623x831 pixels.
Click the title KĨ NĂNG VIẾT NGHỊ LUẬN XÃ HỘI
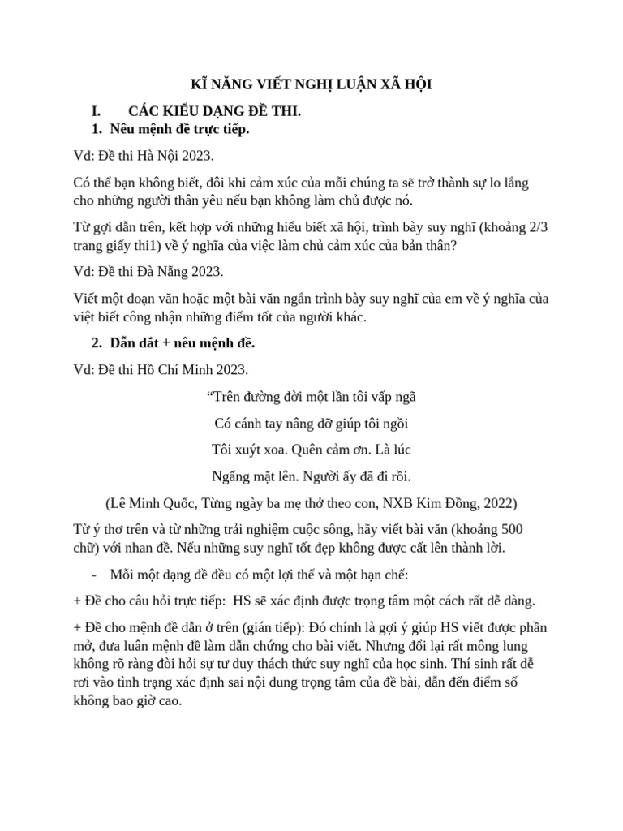[x=311, y=85]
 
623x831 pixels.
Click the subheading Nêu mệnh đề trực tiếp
[x=179, y=128]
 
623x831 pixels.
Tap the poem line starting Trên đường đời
[x=311, y=397]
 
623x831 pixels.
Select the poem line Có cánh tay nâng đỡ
[x=311, y=423]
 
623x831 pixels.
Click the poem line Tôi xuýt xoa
[x=311, y=449]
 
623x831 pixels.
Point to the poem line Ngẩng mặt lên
[x=311, y=476]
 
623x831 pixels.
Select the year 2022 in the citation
[x=495, y=502]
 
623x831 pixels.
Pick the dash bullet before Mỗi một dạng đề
[x=95, y=575]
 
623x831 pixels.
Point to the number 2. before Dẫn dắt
[x=96, y=344]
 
